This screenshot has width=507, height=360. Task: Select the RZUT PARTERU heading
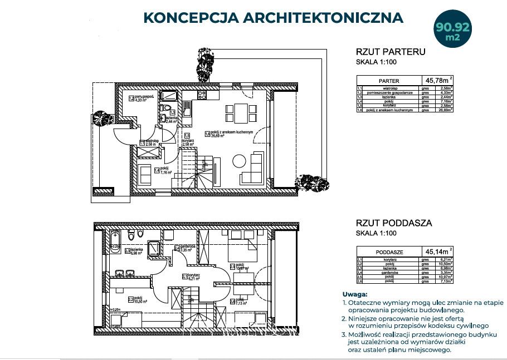390,52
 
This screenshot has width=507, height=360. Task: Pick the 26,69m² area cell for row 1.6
442,110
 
